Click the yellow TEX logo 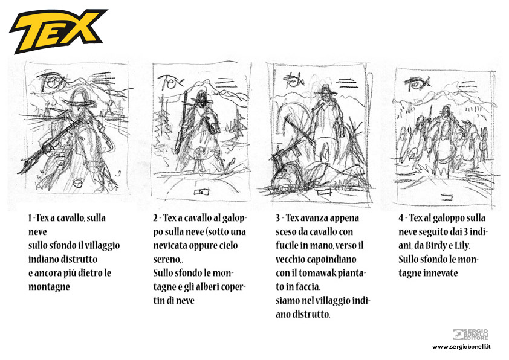[58, 31]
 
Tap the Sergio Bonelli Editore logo [471, 335]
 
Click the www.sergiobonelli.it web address [461, 347]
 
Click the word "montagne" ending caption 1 [49, 287]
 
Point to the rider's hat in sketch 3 [326, 90]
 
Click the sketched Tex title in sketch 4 [417, 83]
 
